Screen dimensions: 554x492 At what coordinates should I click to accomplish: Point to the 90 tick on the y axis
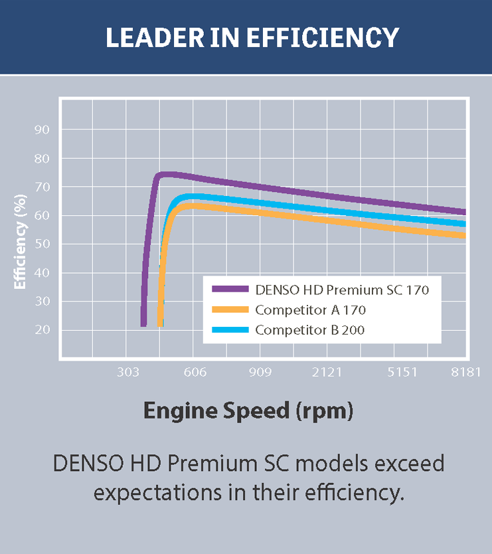tap(42, 130)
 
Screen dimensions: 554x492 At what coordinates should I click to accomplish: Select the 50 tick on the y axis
tap(42, 244)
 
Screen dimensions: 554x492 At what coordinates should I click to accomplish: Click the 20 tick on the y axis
tap(42, 330)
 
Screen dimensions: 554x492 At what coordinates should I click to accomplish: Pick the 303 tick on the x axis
tap(127, 373)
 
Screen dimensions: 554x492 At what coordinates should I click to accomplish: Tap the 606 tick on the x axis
tap(194, 373)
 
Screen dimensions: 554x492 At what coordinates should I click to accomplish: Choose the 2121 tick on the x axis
tap(327, 373)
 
